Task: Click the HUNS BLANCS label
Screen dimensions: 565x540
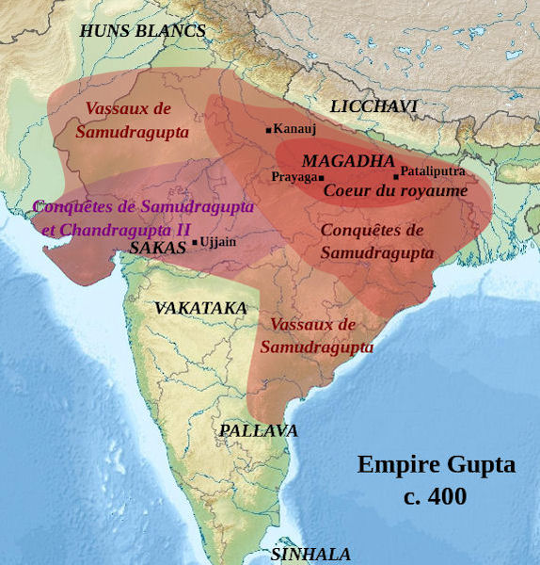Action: click(x=142, y=31)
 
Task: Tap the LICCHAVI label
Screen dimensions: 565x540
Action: click(x=373, y=106)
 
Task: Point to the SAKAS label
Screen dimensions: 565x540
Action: click(x=157, y=249)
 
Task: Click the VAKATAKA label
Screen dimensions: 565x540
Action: click(x=200, y=308)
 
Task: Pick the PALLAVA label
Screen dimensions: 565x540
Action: click(x=259, y=430)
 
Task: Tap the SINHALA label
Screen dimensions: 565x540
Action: click(x=310, y=555)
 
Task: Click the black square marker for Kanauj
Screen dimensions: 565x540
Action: click(x=269, y=129)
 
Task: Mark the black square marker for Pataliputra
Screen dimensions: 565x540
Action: click(x=396, y=175)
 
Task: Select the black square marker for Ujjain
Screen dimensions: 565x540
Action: click(x=195, y=243)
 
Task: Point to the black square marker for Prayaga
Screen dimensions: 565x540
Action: click(x=322, y=178)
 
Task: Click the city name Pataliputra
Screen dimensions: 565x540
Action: click(x=433, y=171)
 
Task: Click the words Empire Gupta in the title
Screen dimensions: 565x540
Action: click(x=437, y=465)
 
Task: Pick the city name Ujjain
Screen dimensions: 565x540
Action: click(x=218, y=242)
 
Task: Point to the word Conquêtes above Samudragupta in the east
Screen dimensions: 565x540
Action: click(x=373, y=231)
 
